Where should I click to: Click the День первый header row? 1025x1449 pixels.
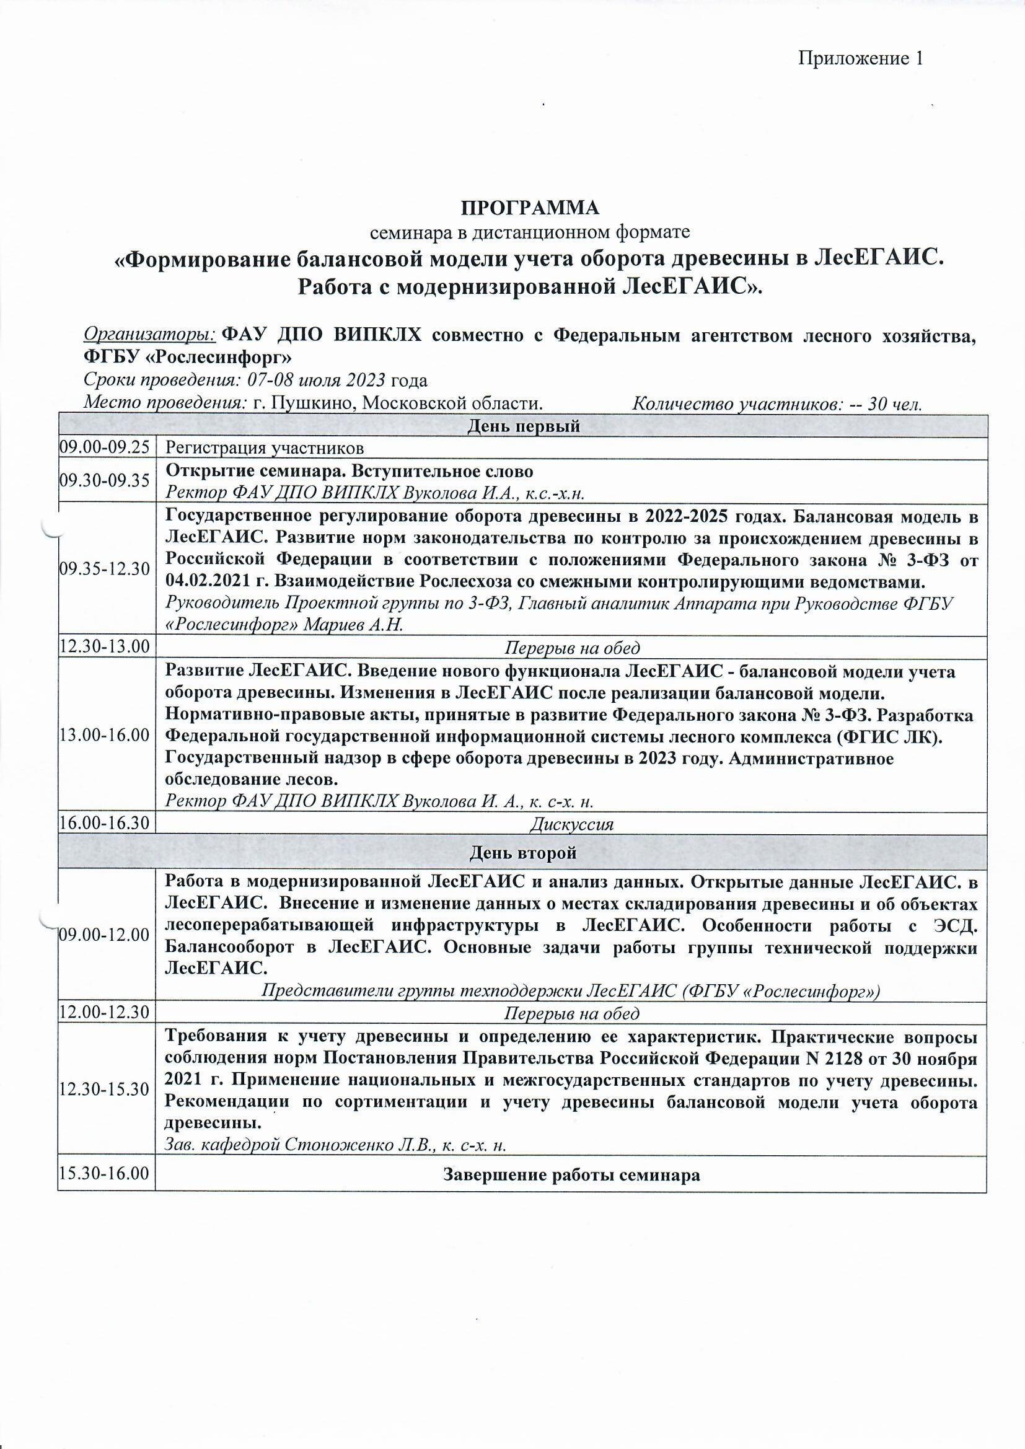coord(523,426)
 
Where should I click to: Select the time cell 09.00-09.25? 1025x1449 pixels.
coord(105,448)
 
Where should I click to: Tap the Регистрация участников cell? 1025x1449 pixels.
coord(265,449)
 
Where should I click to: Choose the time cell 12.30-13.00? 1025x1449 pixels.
coord(105,647)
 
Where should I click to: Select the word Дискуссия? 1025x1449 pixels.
coord(573,824)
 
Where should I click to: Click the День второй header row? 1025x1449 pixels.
coord(523,853)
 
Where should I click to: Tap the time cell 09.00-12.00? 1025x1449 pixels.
coord(105,935)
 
